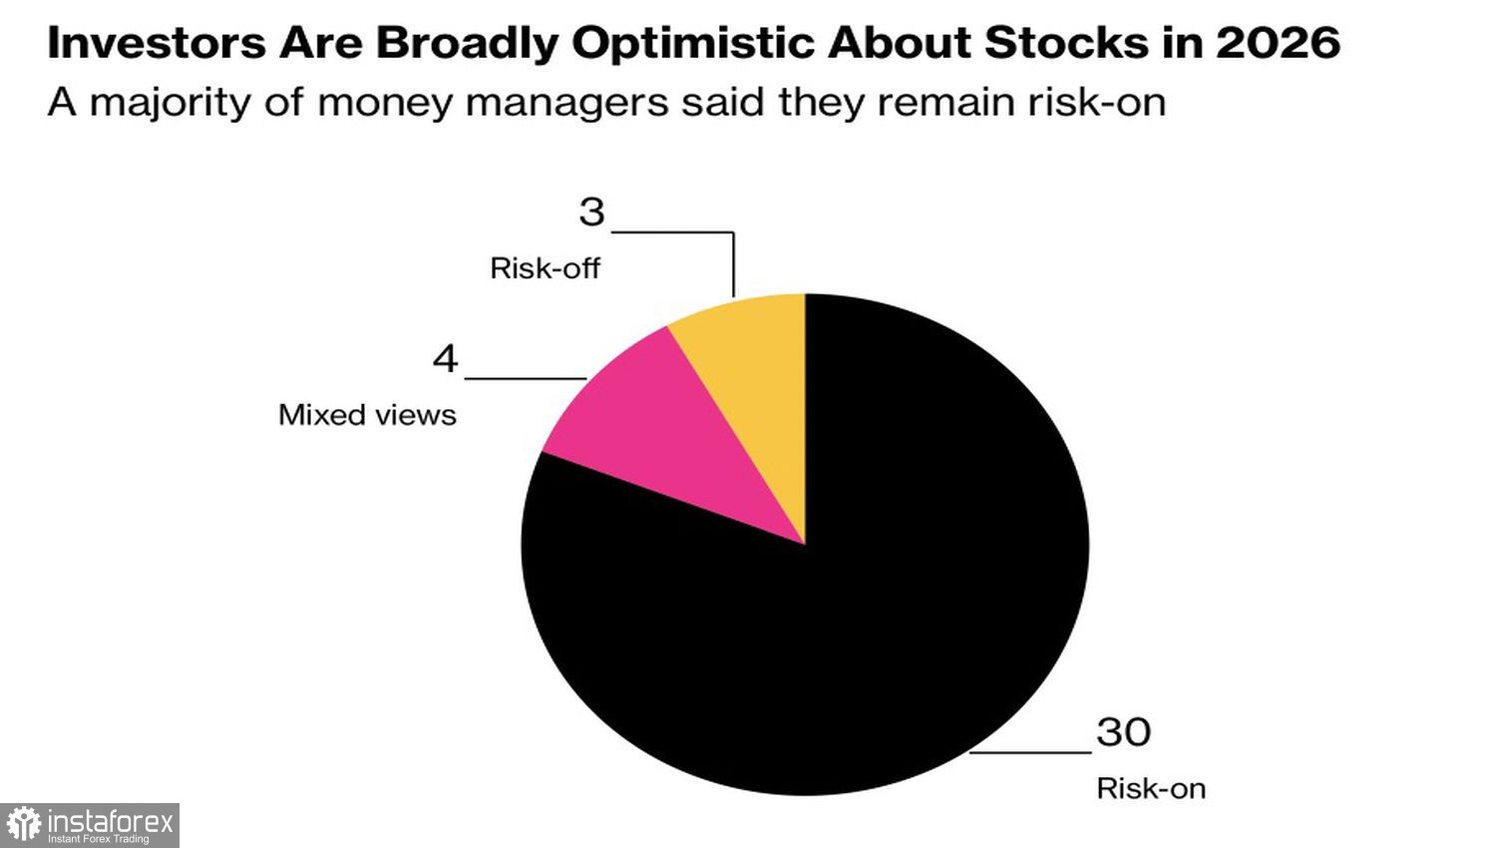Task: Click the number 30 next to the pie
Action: tap(1124, 732)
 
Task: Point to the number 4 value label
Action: tap(445, 358)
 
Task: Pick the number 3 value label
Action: tap(592, 212)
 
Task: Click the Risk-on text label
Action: tap(1151, 788)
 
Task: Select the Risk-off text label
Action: tap(545, 268)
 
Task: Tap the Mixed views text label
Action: tap(367, 415)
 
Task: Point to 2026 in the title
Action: tap(1278, 43)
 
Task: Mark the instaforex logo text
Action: tap(110, 823)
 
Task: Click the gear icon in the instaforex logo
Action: tap(24, 825)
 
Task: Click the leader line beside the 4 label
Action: tap(525, 379)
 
